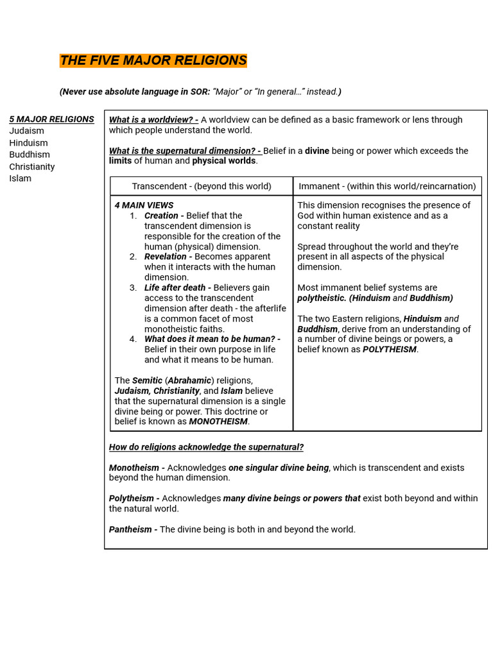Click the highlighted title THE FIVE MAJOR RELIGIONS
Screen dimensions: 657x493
click(153, 60)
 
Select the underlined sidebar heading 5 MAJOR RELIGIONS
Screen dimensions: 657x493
click(51, 119)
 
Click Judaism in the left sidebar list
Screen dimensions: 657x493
click(26, 131)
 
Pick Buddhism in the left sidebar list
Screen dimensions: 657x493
click(30, 155)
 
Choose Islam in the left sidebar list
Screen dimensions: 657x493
click(20, 178)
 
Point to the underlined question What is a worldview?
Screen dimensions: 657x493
click(153, 120)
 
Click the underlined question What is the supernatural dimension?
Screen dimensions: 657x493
click(185, 151)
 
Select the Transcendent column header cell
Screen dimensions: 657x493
click(202, 186)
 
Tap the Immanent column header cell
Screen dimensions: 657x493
click(387, 186)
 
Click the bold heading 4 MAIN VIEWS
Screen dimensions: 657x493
click(144, 205)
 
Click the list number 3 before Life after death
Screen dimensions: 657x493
click(133, 287)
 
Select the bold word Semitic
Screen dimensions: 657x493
click(147, 380)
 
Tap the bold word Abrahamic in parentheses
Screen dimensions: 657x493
click(190, 380)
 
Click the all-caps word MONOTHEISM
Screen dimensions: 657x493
click(218, 422)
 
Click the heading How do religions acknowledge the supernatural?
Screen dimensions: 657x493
click(206, 447)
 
